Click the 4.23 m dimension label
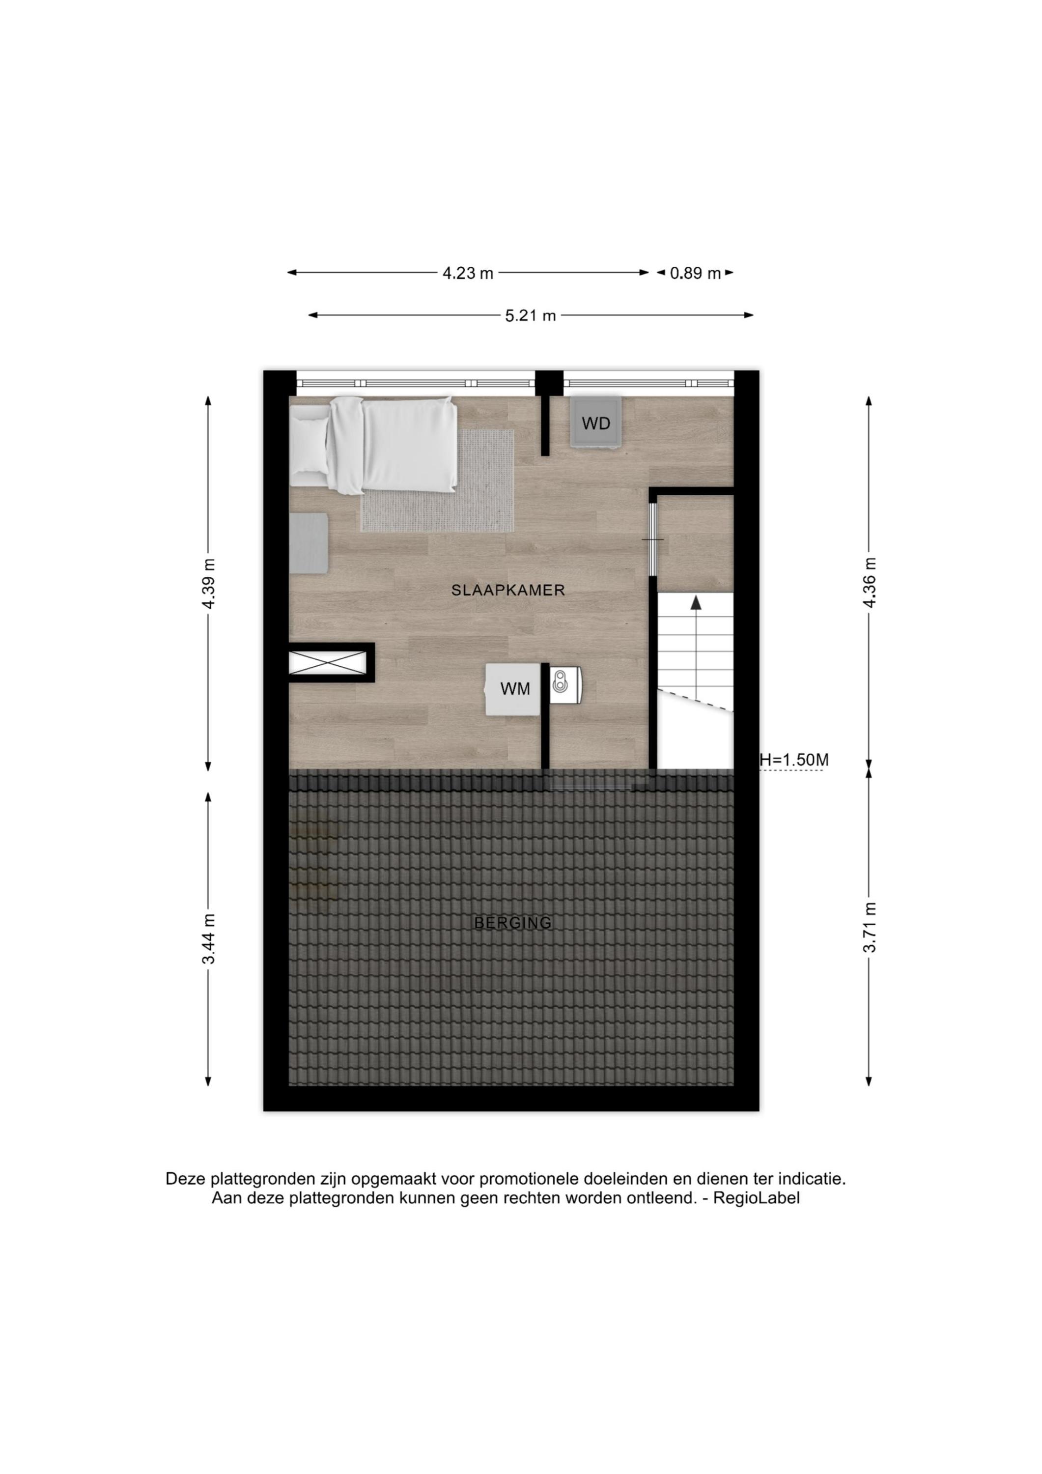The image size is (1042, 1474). point(467,274)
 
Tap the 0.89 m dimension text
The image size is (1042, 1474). point(695,274)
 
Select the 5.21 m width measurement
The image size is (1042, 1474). point(530,316)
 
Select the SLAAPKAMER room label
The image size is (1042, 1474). point(508,591)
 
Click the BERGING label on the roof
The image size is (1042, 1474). point(512,923)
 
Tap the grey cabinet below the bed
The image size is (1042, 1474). point(309,542)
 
